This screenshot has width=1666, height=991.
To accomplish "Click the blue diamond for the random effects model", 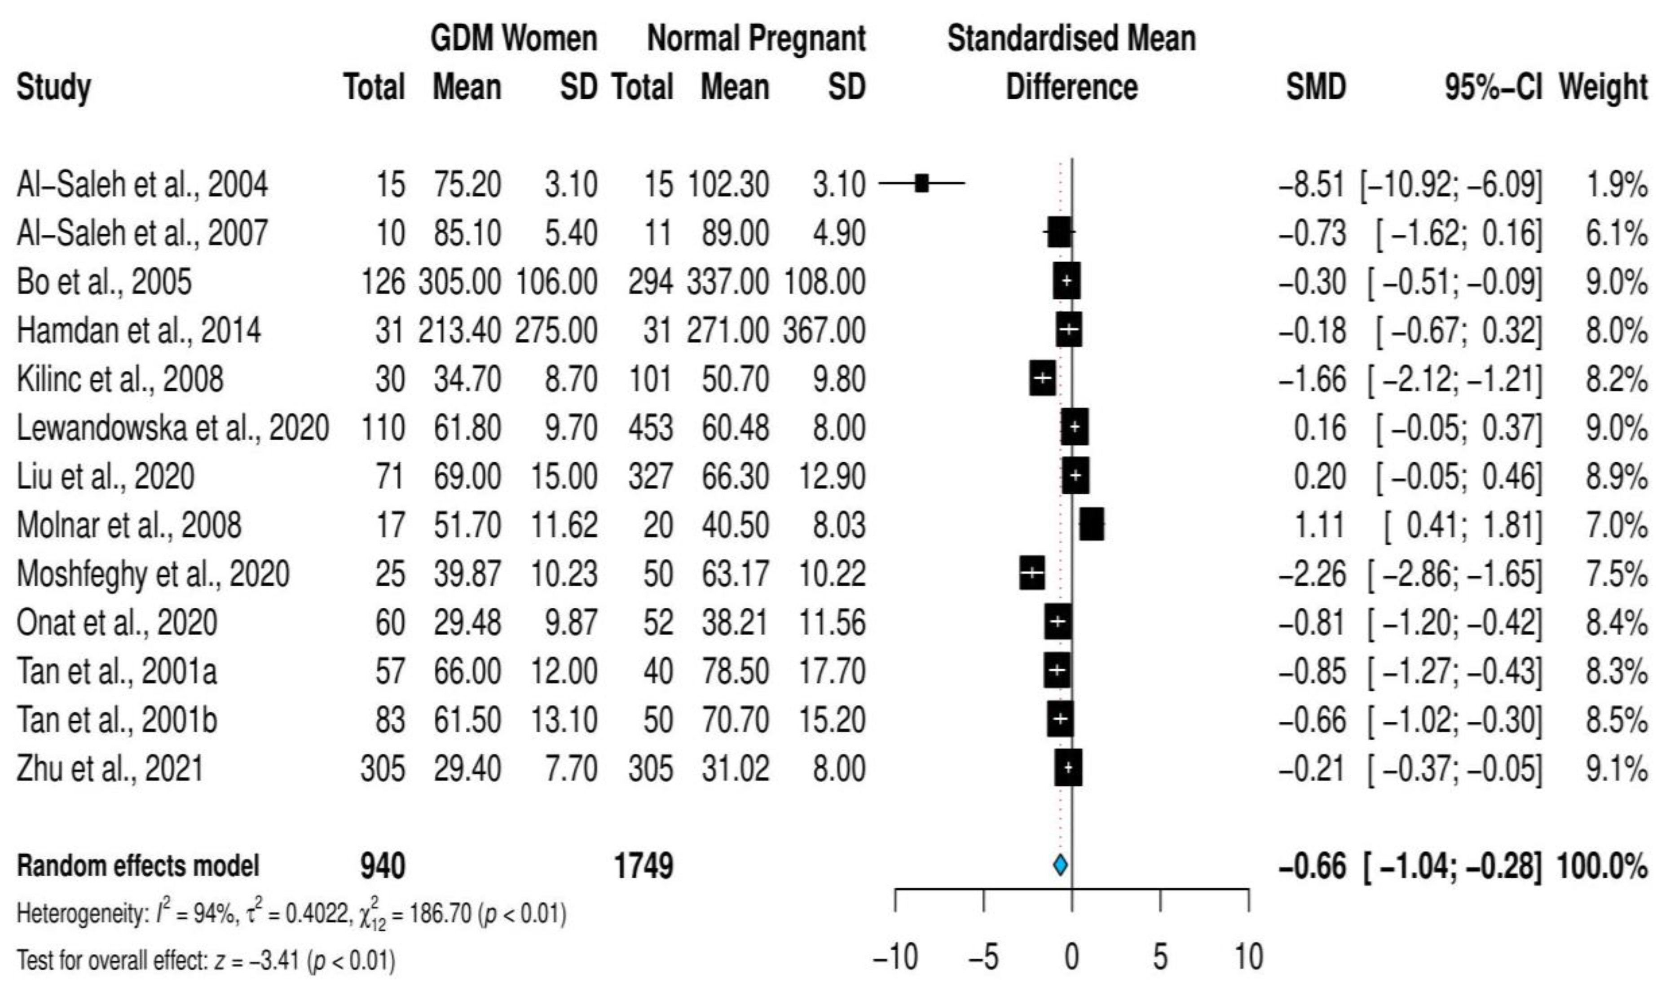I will (1060, 865).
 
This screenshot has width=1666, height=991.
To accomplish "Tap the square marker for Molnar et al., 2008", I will (1092, 524).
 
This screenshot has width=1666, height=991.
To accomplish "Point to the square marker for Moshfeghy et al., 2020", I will (1032, 573).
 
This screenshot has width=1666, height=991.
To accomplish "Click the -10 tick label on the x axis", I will (895, 957).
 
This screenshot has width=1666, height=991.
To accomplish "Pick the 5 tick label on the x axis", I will (1160, 957).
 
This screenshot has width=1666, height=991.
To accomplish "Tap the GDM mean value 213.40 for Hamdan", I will (459, 330).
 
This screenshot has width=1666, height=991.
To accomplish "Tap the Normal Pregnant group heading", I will (756, 38).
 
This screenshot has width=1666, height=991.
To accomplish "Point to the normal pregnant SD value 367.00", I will (824, 330).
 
